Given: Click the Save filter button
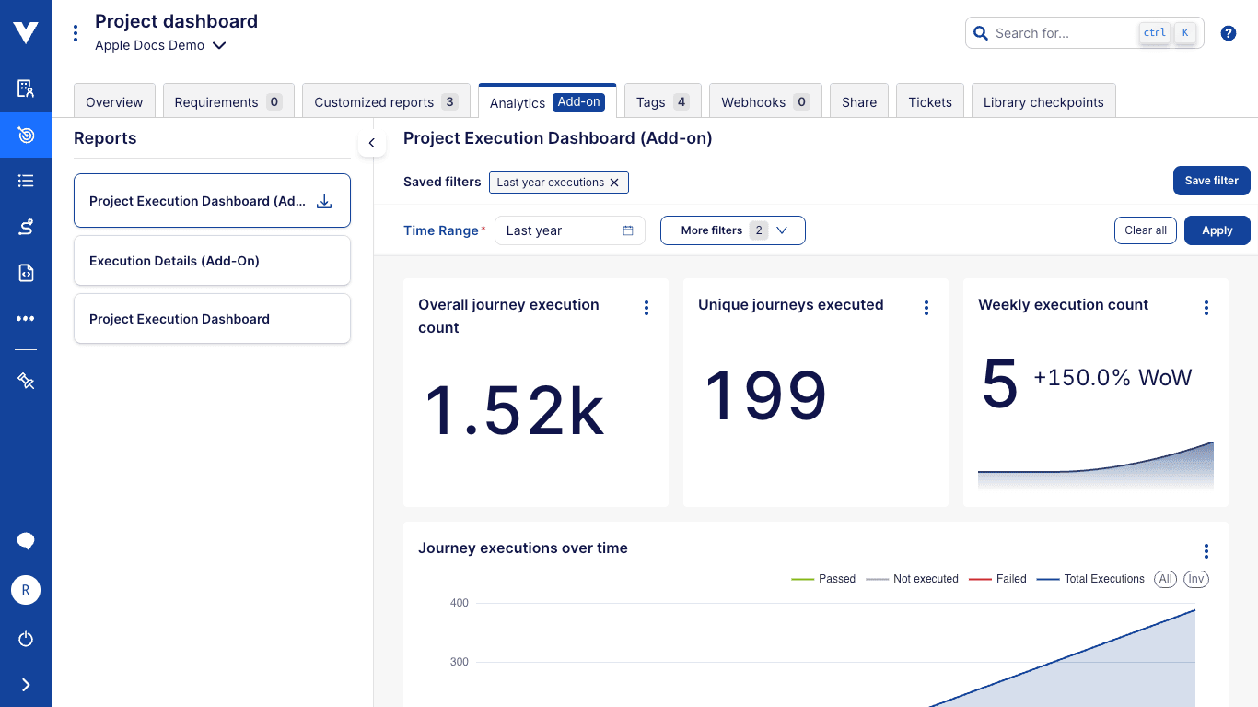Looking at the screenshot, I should pyautogui.click(x=1211, y=181).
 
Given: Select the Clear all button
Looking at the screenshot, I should pyautogui.click(x=1145, y=230).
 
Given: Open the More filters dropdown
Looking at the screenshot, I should pyautogui.click(x=732, y=230).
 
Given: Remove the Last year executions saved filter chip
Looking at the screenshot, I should pyautogui.click(x=614, y=183).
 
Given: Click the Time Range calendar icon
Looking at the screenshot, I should pyautogui.click(x=628, y=230).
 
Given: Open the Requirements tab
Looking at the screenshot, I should pyautogui.click(x=228, y=102).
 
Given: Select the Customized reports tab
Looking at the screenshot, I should pyautogui.click(x=385, y=102).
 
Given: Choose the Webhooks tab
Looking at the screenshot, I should pyautogui.click(x=764, y=102).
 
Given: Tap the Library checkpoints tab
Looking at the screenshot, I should pyautogui.click(x=1043, y=102).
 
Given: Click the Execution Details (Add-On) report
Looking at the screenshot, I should pyautogui.click(x=212, y=261).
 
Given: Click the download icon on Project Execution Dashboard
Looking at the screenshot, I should pyautogui.click(x=324, y=201).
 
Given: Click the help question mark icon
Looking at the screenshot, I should pyautogui.click(x=1228, y=33).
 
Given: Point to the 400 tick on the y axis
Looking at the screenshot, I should pyautogui.click(x=459, y=603).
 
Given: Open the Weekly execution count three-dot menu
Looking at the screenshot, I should pyautogui.click(x=1206, y=308).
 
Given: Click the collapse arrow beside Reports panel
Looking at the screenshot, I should pyautogui.click(x=372, y=143).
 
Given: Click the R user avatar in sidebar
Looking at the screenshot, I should pyautogui.click(x=26, y=590).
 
